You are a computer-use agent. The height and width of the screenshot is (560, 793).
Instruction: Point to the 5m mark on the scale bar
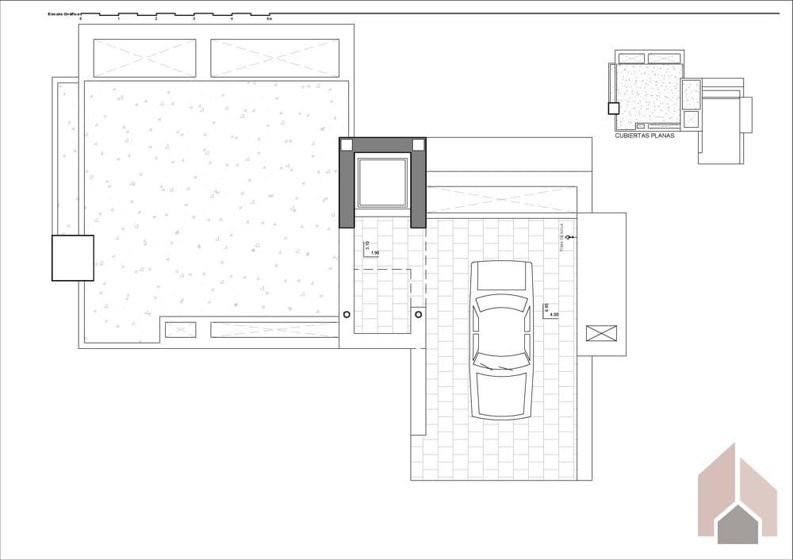pyautogui.click(x=269, y=18)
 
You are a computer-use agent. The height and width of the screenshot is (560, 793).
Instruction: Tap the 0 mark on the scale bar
pyautogui.click(x=80, y=18)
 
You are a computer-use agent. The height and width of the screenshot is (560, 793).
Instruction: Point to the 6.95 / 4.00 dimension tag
pyautogui.click(x=548, y=310)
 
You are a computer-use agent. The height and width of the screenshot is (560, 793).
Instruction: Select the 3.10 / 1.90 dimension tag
pyautogui.click(x=370, y=248)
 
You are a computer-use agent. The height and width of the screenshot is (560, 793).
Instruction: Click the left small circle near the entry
pyautogui.click(x=347, y=314)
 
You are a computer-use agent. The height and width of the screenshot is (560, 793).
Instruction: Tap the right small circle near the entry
pyautogui.click(x=418, y=314)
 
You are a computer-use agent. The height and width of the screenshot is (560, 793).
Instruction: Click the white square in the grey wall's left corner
pyautogui.click(x=347, y=144)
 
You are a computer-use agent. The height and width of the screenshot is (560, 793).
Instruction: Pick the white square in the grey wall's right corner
pyautogui.click(x=418, y=144)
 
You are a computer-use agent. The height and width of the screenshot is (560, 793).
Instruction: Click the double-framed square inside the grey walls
pyautogui.click(x=382, y=182)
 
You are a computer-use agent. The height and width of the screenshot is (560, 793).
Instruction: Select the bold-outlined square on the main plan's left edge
pyautogui.click(x=73, y=258)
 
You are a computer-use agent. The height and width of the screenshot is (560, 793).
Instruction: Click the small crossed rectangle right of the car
pyautogui.click(x=601, y=333)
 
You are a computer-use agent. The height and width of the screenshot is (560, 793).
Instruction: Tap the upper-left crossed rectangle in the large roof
pyautogui.click(x=144, y=58)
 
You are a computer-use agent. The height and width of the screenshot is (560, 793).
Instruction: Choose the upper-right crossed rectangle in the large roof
pyautogui.click(x=274, y=58)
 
